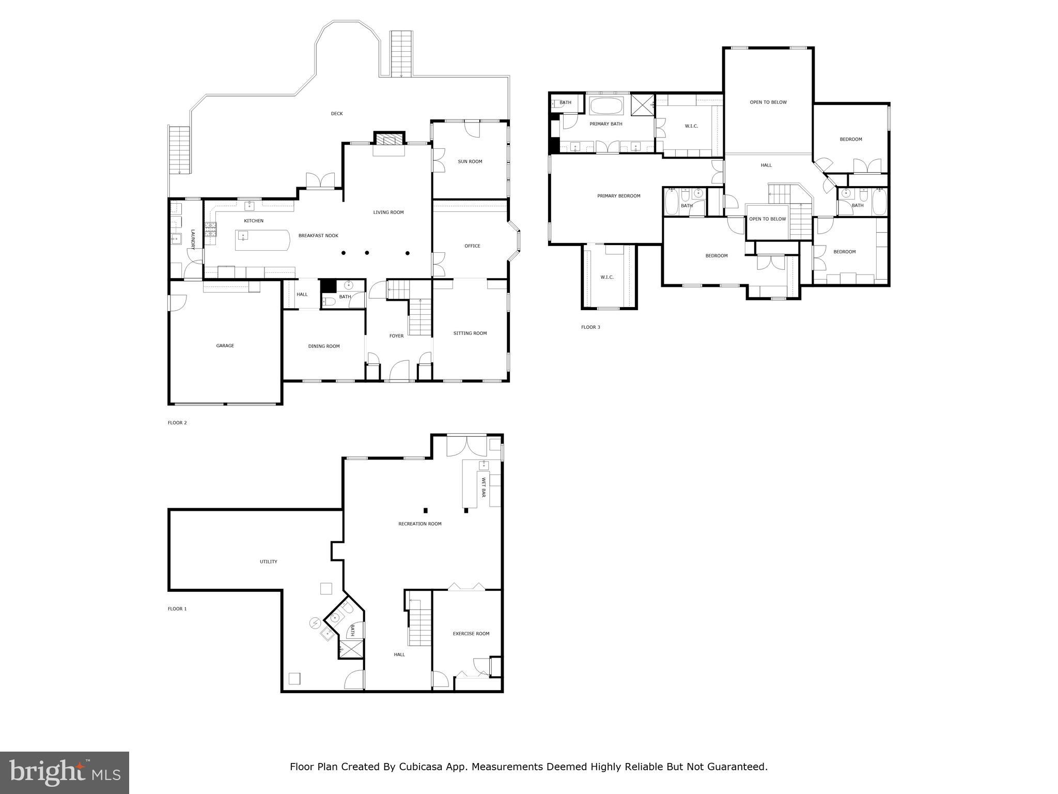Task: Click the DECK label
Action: pyautogui.click(x=336, y=114)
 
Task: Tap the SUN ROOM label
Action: pyautogui.click(x=470, y=162)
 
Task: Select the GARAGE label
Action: pyautogui.click(x=225, y=346)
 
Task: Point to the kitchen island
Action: pyautogui.click(x=262, y=240)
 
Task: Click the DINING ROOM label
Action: pyautogui.click(x=324, y=346)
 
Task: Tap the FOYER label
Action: pyautogui.click(x=396, y=336)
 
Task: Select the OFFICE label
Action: pyautogui.click(x=472, y=246)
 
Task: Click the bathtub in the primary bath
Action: pyautogui.click(x=606, y=106)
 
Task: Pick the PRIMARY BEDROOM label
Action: pyautogui.click(x=618, y=196)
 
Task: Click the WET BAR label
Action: pyautogui.click(x=484, y=487)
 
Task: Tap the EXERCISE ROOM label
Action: pyautogui.click(x=471, y=634)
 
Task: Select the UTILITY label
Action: pyautogui.click(x=268, y=562)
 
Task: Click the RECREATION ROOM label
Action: pyautogui.click(x=419, y=524)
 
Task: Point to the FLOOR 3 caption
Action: pyautogui.click(x=590, y=327)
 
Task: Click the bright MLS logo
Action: pyautogui.click(x=65, y=772)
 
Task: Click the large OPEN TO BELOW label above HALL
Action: pyautogui.click(x=768, y=102)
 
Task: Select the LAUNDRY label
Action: pyautogui.click(x=193, y=240)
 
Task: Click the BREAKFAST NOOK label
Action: pyautogui.click(x=318, y=236)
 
